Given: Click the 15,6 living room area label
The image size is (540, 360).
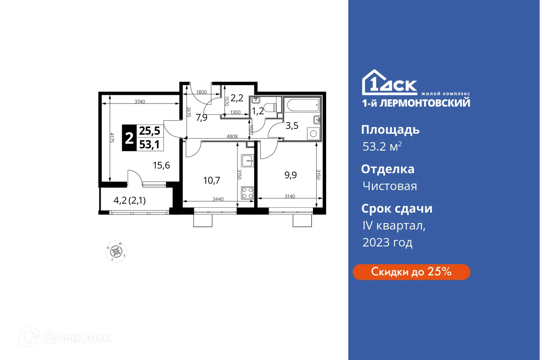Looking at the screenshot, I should pos(161,164).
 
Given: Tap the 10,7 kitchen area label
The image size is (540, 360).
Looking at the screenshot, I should pos(211,180).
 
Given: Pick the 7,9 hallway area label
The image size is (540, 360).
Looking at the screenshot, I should pos(202,118).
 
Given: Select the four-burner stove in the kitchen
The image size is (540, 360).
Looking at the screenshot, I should pos(248,193).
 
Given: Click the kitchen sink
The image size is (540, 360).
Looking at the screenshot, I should pos(248,161).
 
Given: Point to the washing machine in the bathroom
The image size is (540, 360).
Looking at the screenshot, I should pos(312,133).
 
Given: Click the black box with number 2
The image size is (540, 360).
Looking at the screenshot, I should pos(129,138).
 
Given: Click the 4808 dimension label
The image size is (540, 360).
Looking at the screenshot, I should pos(232,137).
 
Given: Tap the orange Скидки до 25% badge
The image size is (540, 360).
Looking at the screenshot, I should pos(411,272).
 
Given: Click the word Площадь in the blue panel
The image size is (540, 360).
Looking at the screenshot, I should pos(390,130).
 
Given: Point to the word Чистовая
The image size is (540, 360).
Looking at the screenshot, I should pos(389,186).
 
